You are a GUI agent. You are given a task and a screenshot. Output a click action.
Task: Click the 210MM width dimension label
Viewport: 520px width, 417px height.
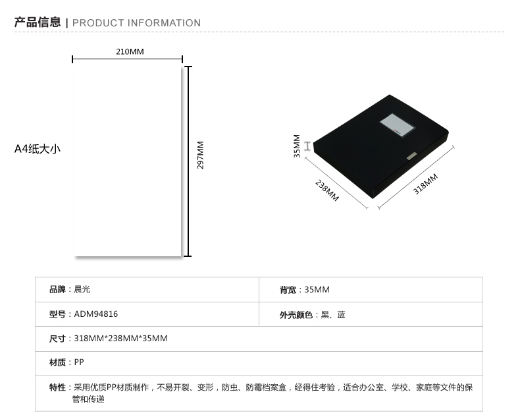(130, 51)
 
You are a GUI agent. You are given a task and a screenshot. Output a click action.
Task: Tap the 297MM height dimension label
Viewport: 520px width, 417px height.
(200, 155)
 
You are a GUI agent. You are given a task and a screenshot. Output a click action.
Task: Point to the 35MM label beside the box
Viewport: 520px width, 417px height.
(297, 146)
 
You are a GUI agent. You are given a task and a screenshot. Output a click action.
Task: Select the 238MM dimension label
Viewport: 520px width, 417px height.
(327, 190)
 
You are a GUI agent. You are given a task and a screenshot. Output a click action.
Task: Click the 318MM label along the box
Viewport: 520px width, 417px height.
(425, 184)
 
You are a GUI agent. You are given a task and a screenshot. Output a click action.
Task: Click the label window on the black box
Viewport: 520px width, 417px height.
(398, 125)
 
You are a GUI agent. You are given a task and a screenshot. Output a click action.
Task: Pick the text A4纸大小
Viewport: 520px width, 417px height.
(38, 149)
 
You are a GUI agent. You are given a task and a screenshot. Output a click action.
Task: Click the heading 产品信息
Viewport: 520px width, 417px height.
(38, 22)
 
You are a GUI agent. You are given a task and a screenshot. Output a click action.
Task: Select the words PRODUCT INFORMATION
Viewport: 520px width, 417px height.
(136, 23)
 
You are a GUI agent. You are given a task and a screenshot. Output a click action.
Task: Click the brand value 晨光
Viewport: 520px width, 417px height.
(82, 289)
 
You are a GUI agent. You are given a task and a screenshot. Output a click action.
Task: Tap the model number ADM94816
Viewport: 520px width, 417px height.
(96, 314)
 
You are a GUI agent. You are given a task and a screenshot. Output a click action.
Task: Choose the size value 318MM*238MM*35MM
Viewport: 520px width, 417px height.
(120, 339)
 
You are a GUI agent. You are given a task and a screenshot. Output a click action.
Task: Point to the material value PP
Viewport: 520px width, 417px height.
(79, 362)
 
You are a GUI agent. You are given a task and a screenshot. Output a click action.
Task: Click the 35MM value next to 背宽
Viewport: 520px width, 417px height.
(317, 289)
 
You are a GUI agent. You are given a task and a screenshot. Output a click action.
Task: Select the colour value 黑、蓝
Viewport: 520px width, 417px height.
(333, 315)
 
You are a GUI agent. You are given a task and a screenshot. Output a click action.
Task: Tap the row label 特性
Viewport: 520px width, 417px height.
(57, 387)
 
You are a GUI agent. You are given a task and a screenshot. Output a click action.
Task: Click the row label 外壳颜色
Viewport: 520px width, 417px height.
(296, 315)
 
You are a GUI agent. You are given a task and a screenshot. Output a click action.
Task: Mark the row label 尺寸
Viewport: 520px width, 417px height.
(57, 339)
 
